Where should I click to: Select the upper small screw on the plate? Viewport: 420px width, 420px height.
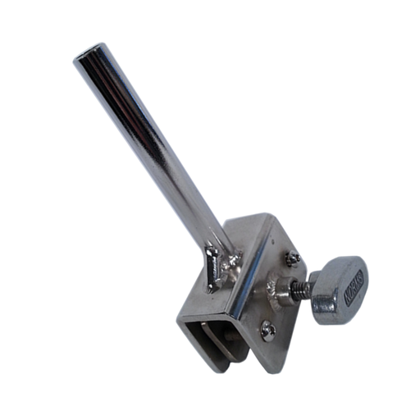pos(291,259)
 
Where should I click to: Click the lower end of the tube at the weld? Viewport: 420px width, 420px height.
pos(215,246)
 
